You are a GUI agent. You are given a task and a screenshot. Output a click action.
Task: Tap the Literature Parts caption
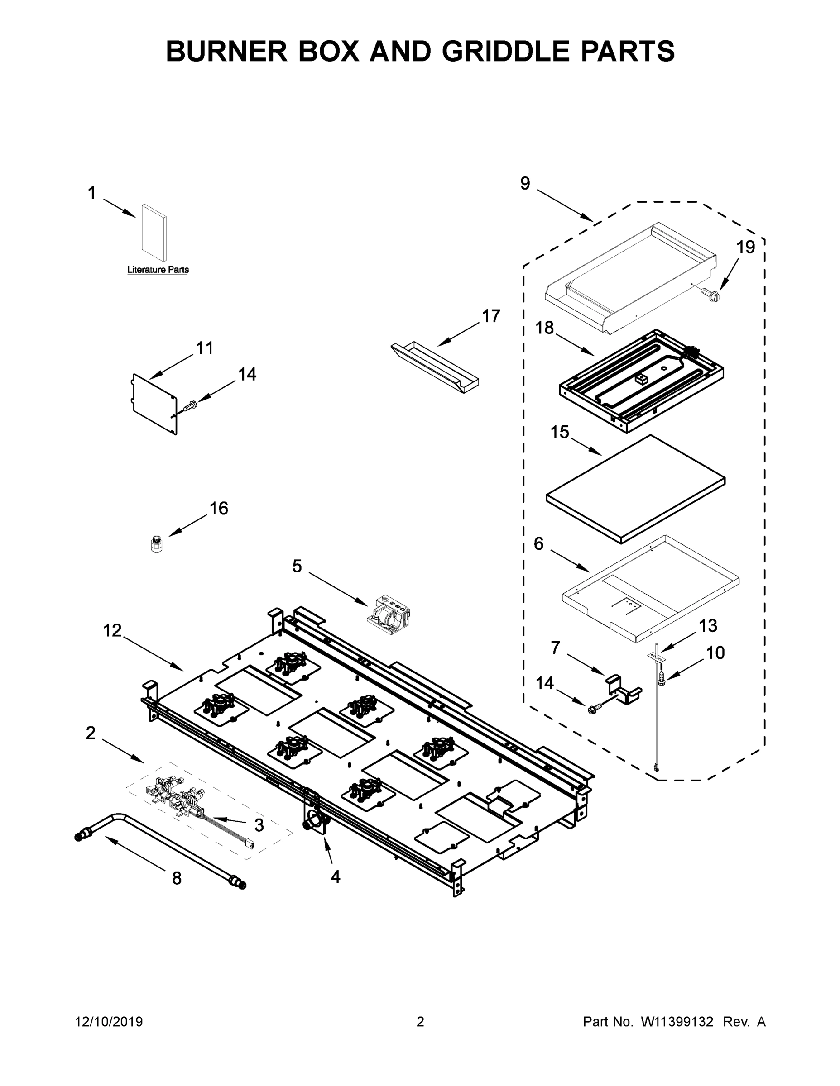[158, 270]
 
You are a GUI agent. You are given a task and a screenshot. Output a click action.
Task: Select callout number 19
[745, 247]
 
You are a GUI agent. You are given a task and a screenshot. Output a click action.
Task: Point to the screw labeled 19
[710, 295]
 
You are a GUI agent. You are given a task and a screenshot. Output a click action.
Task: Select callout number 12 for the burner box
[112, 630]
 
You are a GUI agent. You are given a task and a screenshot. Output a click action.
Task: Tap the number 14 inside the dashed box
[545, 683]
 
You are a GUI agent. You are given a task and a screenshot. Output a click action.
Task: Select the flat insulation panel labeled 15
[635, 489]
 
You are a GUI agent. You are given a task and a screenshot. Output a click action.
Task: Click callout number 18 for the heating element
[544, 328]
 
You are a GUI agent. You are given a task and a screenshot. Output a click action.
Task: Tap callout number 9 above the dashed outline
[525, 183]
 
